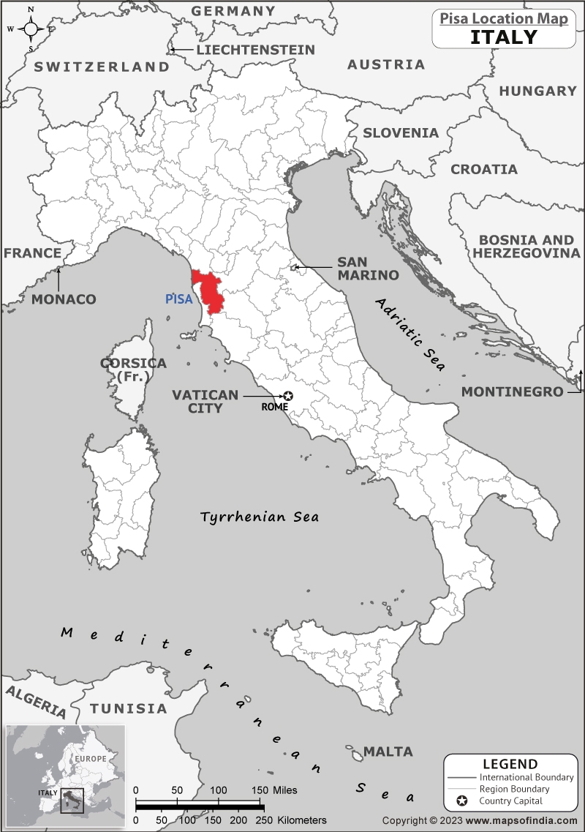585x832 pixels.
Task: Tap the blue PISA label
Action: pyautogui.click(x=179, y=299)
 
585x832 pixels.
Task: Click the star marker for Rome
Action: pyautogui.click(x=288, y=396)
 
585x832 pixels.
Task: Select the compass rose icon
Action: pyautogui.click(x=31, y=29)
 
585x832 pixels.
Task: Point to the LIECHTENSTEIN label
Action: pyautogui.click(x=255, y=50)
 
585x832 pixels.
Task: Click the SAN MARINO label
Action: pyautogui.click(x=367, y=269)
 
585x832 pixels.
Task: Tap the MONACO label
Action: pyautogui.click(x=64, y=299)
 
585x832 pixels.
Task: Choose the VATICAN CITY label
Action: pyautogui.click(x=205, y=401)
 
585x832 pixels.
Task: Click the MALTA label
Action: pyautogui.click(x=388, y=752)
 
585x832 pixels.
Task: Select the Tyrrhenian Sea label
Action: pyautogui.click(x=260, y=517)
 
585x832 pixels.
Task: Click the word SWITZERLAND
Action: pyautogui.click(x=102, y=67)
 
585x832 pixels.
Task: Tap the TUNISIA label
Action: pyautogui.click(x=129, y=708)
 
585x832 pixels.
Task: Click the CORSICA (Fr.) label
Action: pyautogui.click(x=133, y=370)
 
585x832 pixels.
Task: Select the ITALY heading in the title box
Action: pyautogui.click(x=503, y=37)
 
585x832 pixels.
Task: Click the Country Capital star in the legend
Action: pyautogui.click(x=461, y=801)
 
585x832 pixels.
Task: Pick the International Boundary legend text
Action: pyautogui.click(x=526, y=777)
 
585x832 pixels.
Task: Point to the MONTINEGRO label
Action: pyautogui.click(x=512, y=391)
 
